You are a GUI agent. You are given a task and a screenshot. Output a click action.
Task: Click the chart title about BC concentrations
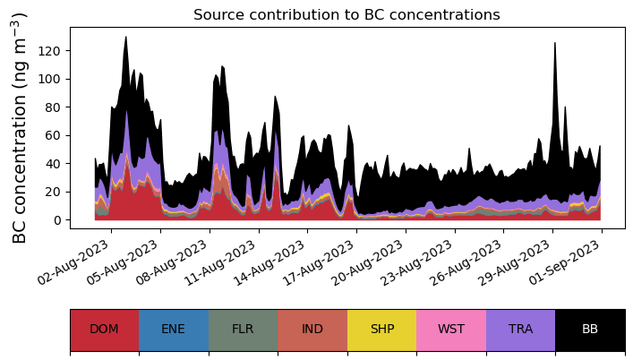346,14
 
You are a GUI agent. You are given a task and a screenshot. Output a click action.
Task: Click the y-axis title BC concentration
21,127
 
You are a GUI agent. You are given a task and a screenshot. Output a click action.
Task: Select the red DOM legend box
104,330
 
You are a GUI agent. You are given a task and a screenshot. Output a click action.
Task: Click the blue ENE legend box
174,330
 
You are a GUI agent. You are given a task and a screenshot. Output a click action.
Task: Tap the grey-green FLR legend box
243,330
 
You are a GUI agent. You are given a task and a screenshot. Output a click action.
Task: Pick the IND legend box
312,330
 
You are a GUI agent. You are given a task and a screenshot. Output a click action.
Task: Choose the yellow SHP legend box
381,330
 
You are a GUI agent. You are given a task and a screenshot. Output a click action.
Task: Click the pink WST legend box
451,330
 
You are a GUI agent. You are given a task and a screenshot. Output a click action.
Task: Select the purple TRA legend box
520,330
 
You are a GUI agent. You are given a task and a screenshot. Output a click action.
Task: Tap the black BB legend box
590,330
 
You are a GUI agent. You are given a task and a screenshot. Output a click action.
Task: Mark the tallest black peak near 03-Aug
126,39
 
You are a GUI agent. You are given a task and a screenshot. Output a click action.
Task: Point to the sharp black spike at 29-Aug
555,45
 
